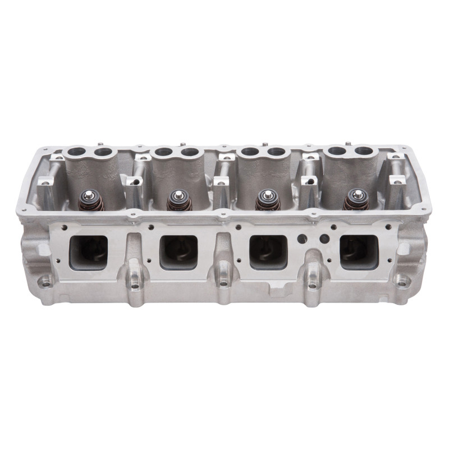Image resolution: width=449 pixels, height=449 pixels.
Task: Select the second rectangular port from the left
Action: pos(179,251)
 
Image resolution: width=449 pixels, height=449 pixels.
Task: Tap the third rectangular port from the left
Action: pos(268,251)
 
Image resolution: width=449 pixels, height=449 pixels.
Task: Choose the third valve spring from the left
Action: pos(266,200)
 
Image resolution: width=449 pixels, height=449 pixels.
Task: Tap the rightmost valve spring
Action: pos(355,199)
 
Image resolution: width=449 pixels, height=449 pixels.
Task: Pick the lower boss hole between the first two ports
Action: pos(135,284)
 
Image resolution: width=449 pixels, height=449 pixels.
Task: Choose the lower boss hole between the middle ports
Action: pos(223,284)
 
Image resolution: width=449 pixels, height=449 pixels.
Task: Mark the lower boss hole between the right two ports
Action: pos(312,284)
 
